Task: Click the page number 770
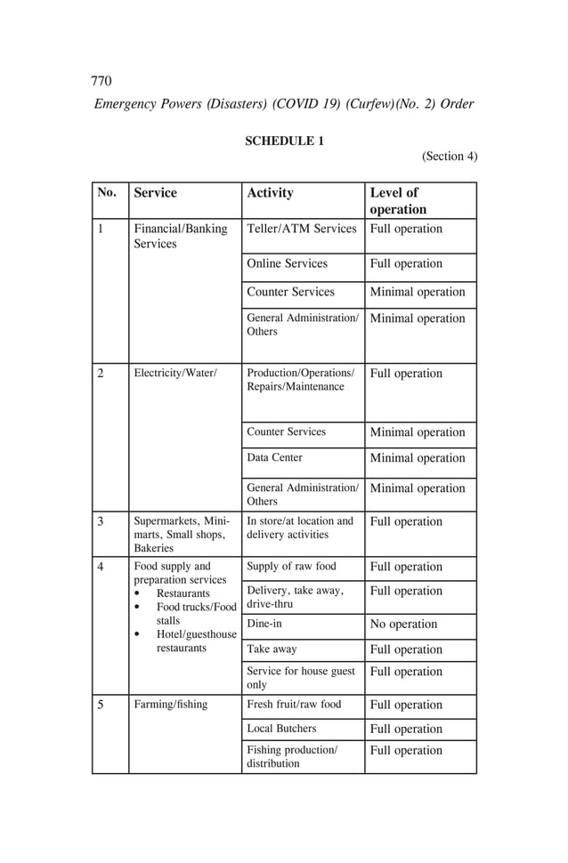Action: (101, 81)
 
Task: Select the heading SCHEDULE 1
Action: (284, 141)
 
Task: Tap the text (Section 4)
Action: (450, 156)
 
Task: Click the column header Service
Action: (155, 192)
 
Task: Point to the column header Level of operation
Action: (398, 201)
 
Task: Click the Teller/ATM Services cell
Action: (301, 229)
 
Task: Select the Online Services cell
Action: (287, 263)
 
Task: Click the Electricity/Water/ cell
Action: (175, 373)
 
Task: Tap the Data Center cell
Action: (274, 457)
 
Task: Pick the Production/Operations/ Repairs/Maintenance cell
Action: (300, 379)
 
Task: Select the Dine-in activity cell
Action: (264, 624)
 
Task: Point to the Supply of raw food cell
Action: (291, 566)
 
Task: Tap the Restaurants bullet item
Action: (183, 593)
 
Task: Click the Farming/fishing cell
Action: (170, 704)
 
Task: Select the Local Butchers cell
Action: (280, 728)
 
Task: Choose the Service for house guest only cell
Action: (300, 678)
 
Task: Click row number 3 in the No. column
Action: (101, 521)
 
